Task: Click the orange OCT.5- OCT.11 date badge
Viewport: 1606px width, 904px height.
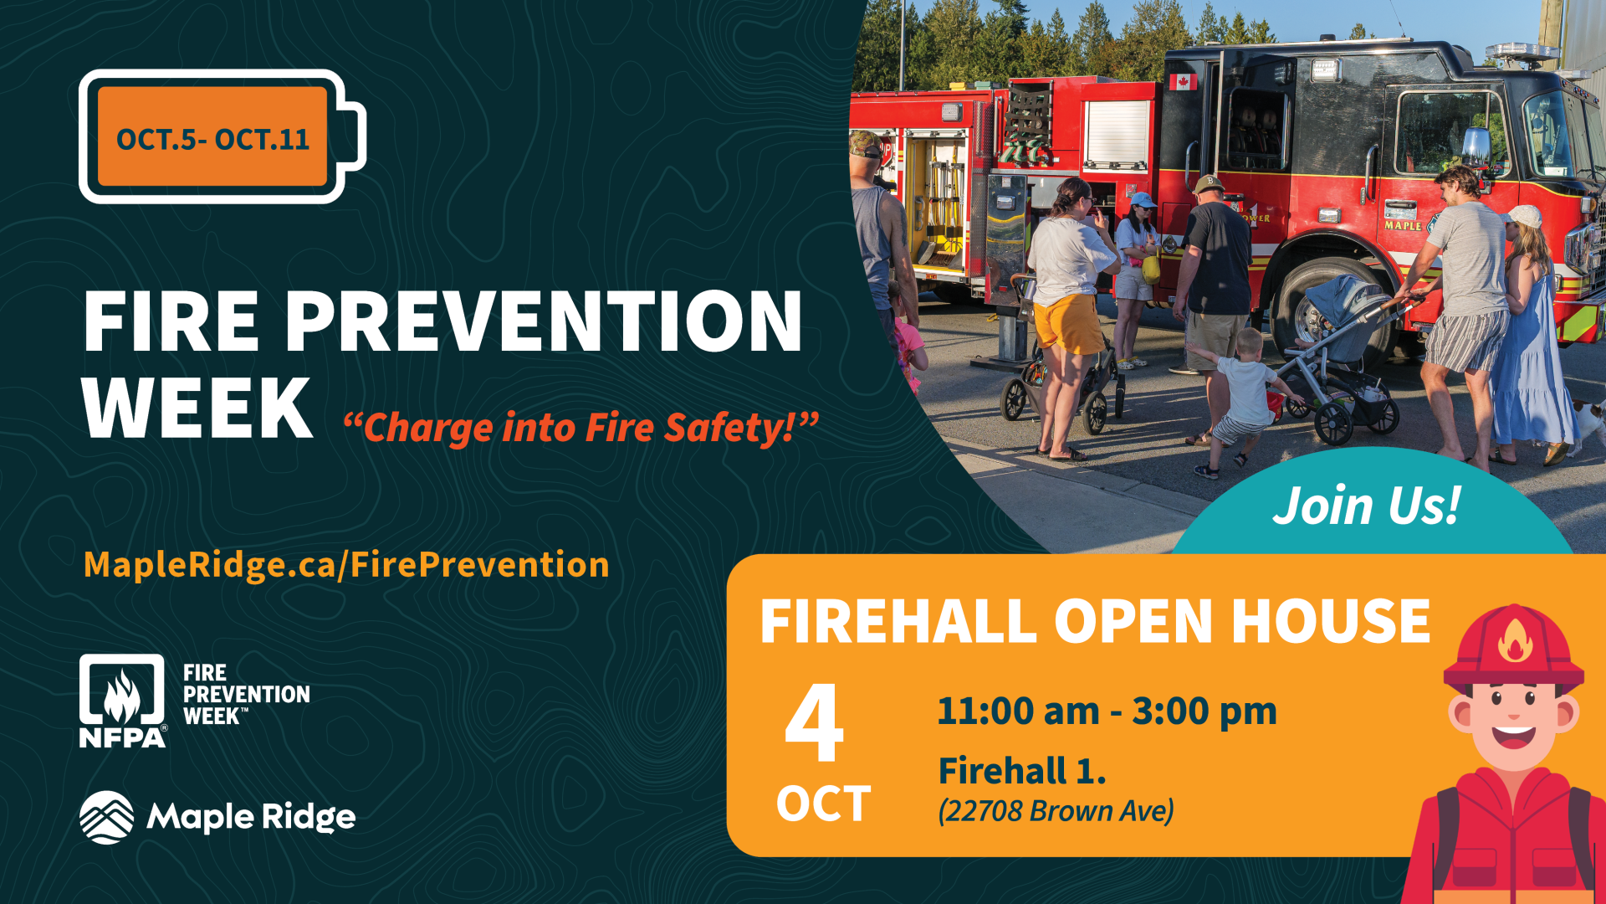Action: coord(212,136)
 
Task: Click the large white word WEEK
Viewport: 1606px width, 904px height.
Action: coord(197,408)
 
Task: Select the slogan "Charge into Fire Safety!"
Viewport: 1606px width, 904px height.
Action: coord(581,428)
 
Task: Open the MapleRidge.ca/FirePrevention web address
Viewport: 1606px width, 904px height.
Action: coord(346,565)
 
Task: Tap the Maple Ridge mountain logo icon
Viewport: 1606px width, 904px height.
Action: coord(106,817)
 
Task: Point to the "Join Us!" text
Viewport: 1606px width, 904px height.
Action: coord(1367,506)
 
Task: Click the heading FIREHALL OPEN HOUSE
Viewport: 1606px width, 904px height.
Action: coord(1095,621)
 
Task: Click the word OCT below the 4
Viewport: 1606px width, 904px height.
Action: coord(823,804)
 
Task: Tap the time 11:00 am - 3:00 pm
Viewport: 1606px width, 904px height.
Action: coord(1107,711)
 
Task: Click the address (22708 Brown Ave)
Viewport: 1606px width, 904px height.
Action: coord(1056,810)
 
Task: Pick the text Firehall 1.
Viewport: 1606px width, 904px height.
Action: coord(1022,770)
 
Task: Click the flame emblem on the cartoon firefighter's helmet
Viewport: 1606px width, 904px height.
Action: coord(1515,640)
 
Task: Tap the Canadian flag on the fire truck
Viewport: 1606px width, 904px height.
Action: coord(1182,81)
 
